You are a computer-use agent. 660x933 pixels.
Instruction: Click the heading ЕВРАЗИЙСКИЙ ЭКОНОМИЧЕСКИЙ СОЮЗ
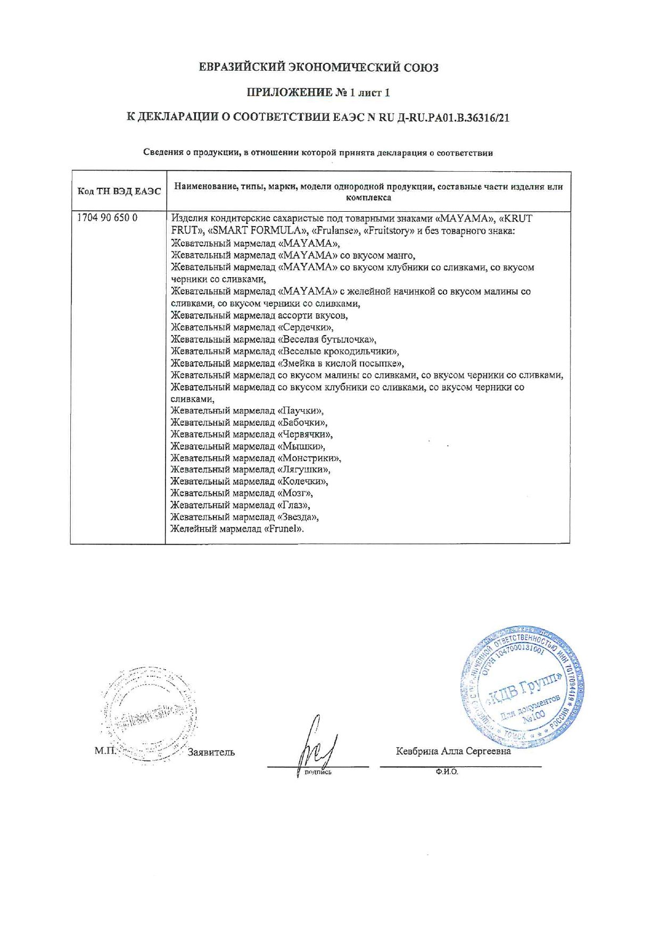(318, 68)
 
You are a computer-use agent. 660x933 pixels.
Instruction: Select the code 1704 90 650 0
(108, 218)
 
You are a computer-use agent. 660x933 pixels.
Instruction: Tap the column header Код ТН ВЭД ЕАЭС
(119, 191)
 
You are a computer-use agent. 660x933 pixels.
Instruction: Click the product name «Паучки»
(301, 411)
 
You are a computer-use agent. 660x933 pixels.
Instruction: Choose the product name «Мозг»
(295, 493)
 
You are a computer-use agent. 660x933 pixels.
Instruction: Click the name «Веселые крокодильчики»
(338, 352)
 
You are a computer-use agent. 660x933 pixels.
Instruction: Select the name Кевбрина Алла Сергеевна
(453, 751)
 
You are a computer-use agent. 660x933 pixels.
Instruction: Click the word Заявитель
(211, 752)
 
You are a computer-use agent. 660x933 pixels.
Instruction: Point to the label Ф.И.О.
(446, 772)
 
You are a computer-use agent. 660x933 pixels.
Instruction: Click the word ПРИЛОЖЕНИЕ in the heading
(288, 93)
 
